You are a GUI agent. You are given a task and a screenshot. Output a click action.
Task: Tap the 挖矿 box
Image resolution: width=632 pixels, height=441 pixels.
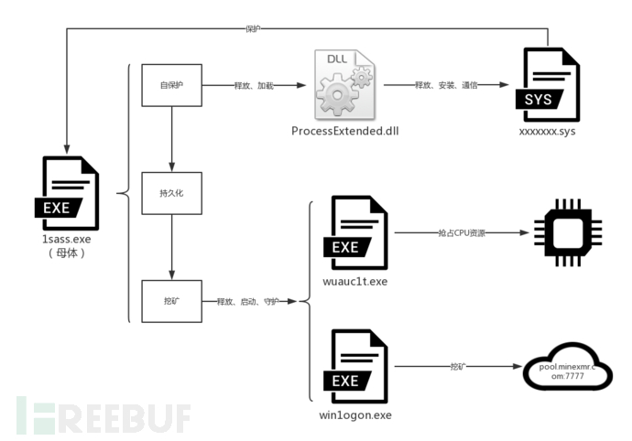171,301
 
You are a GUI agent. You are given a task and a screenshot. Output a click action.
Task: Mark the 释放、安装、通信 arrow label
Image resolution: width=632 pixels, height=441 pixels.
445,84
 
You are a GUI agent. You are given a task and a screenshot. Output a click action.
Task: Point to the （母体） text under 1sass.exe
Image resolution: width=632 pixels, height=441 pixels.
66,253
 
